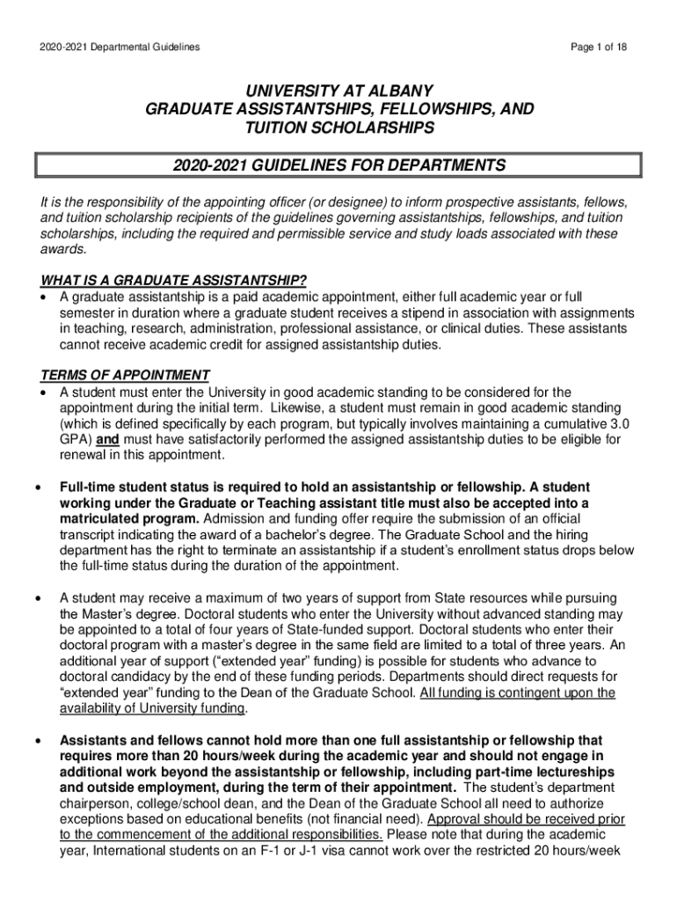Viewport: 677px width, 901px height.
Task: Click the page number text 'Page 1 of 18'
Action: point(597,46)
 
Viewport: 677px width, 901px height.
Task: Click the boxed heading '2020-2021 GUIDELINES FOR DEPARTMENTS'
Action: point(339,165)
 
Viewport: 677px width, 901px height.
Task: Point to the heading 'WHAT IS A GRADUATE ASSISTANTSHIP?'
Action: point(174,281)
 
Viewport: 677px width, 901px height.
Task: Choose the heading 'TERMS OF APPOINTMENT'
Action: point(126,376)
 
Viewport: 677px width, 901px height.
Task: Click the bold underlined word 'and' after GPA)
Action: point(107,439)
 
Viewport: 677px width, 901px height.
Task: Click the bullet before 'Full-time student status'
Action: point(37,487)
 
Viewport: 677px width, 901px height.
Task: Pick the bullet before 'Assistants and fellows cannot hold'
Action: point(37,741)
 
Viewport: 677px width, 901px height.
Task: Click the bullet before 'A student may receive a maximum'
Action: point(37,597)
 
